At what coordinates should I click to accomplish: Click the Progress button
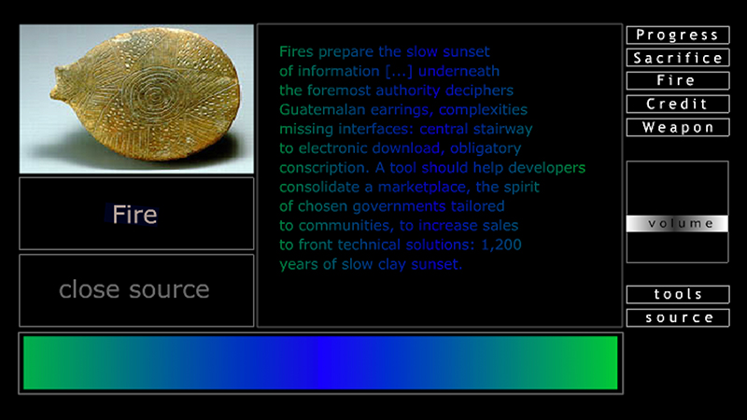[677, 35]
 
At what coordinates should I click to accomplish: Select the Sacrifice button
[677, 58]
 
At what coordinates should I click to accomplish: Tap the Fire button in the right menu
[677, 81]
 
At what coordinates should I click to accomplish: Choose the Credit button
[677, 104]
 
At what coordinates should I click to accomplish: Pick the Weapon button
[677, 127]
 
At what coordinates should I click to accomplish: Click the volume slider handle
[677, 224]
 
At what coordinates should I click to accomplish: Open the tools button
[677, 295]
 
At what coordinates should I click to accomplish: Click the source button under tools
[677, 318]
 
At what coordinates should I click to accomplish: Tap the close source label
[134, 290]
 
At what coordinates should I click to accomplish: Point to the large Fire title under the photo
[134, 215]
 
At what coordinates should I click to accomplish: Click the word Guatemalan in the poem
[316, 109]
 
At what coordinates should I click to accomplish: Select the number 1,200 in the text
[501, 245]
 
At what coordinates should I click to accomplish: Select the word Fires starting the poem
[298, 51]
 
